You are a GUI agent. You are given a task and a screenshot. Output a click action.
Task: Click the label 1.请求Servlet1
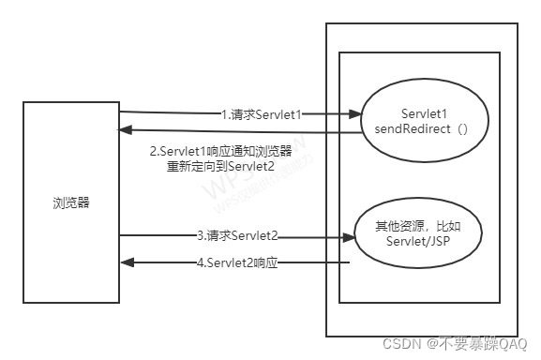point(265,114)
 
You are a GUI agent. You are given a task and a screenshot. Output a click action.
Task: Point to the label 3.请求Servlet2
point(236,234)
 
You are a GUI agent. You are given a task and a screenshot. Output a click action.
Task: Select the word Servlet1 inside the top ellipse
point(413,111)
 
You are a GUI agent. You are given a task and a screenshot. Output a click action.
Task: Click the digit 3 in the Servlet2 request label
point(200,234)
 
